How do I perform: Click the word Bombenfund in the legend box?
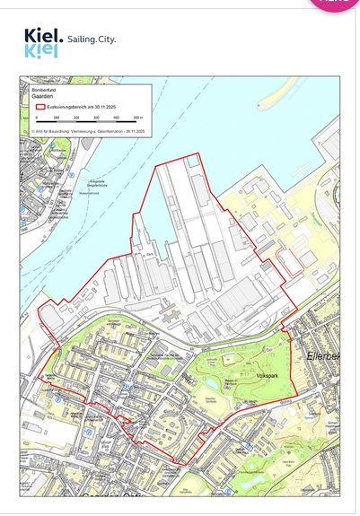pyautogui.click(x=43, y=89)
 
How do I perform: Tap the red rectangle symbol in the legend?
pyautogui.click(x=39, y=106)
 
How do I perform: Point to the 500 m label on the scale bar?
pyautogui.click(x=138, y=118)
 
